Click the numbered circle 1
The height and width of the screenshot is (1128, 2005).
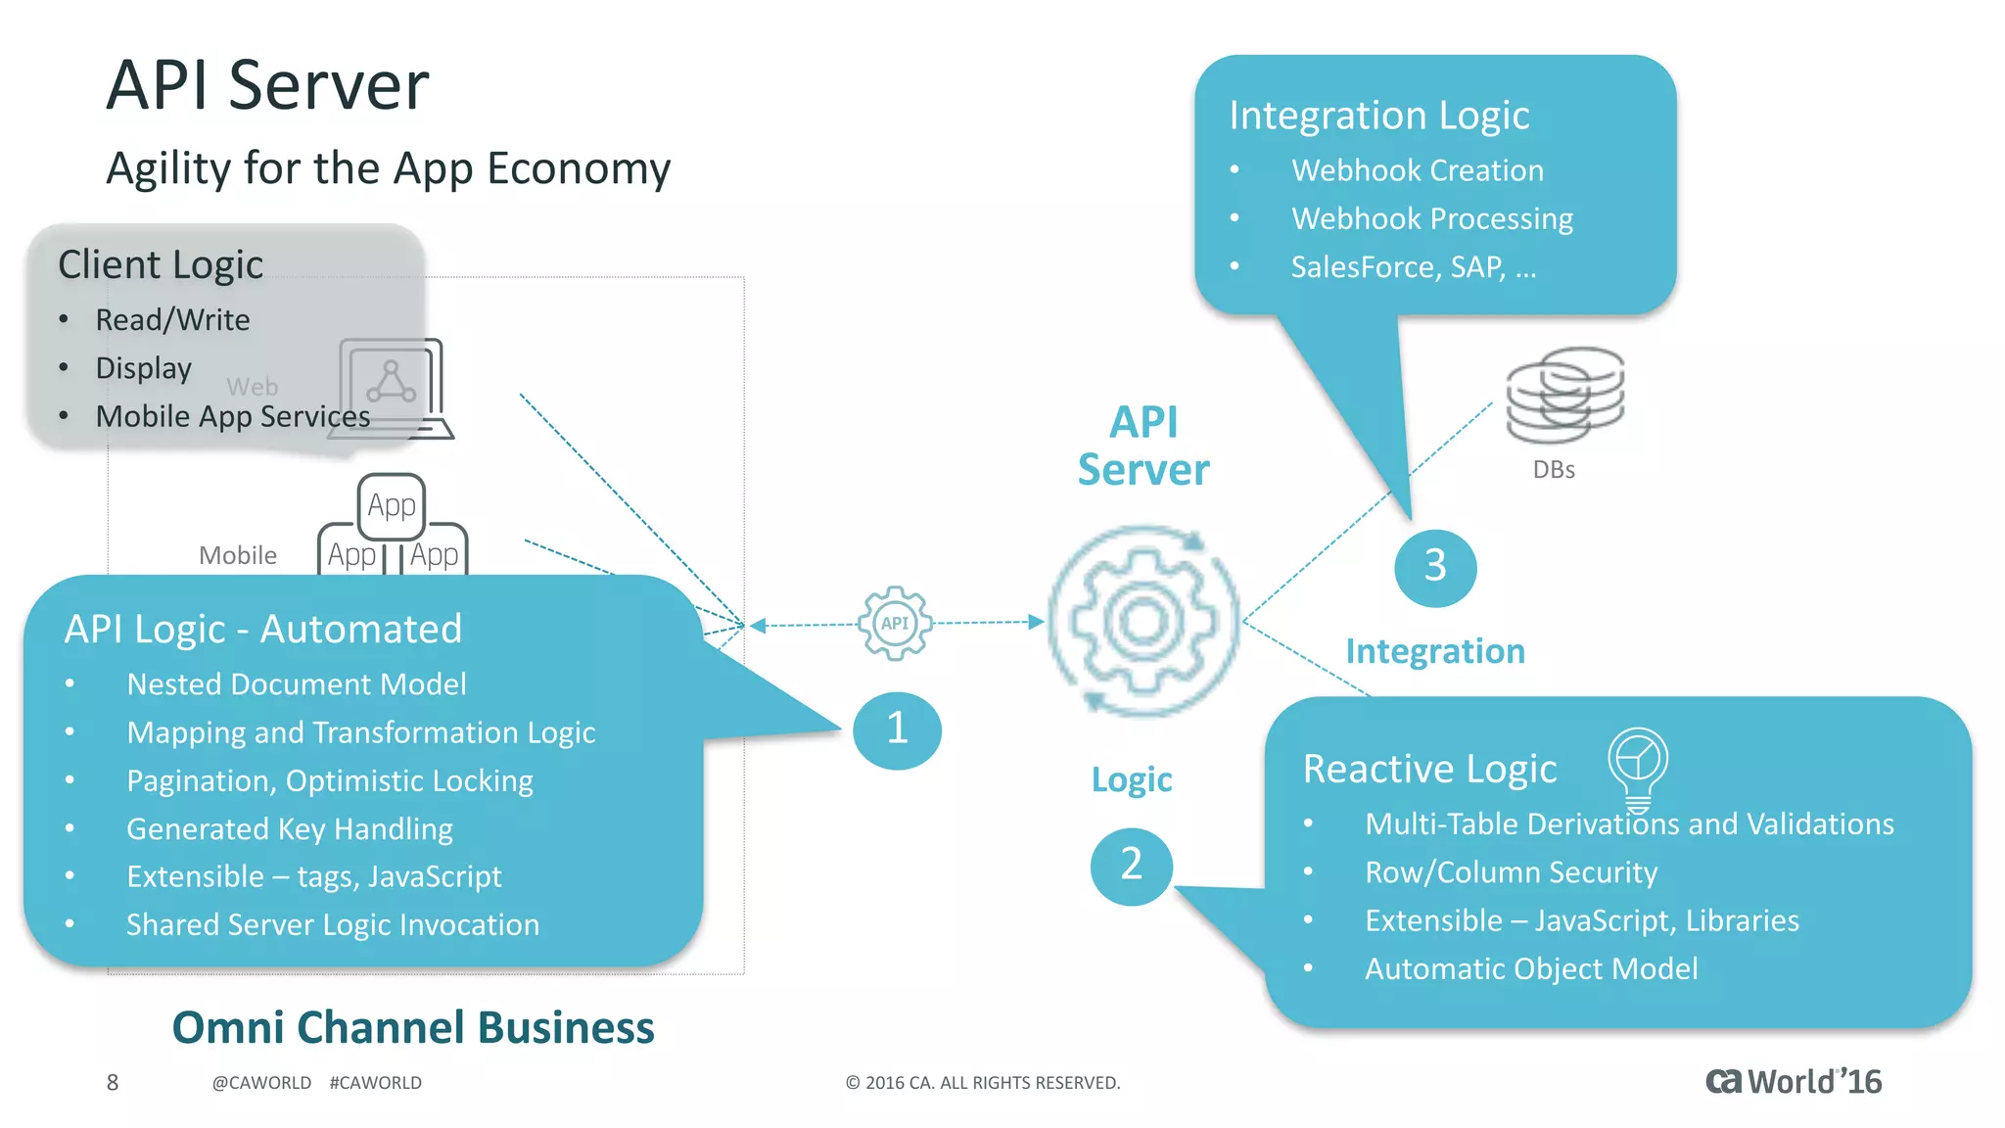click(x=897, y=729)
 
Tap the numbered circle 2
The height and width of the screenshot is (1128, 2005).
click(x=1131, y=866)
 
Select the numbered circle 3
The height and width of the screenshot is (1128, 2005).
click(x=1434, y=567)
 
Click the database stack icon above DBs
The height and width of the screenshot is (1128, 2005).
click(x=1564, y=396)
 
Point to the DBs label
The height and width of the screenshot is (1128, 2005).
click(x=1554, y=470)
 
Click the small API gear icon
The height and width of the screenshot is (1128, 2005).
click(x=895, y=623)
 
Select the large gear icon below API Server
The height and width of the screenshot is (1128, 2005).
click(x=1143, y=621)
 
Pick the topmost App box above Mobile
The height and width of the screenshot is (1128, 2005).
click(x=391, y=505)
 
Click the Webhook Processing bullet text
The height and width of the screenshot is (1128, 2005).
click(x=1431, y=218)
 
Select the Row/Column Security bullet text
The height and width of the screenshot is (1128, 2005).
click(x=1511, y=872)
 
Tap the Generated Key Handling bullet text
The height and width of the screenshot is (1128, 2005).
click(x=290, y=829)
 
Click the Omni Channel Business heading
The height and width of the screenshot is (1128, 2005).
click(x=413, y=1027)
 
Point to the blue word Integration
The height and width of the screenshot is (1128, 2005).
click(x=1434, y=651)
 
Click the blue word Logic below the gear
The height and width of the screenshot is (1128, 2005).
click(x=1132, y=779)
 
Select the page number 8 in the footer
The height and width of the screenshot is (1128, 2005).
click(x=113, y=1082)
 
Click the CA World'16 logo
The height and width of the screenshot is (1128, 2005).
click(x=1793, y=1081)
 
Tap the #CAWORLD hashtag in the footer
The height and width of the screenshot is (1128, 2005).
click(x=376, y=1083)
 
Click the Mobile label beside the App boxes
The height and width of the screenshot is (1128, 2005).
click(x=238, y=555)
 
